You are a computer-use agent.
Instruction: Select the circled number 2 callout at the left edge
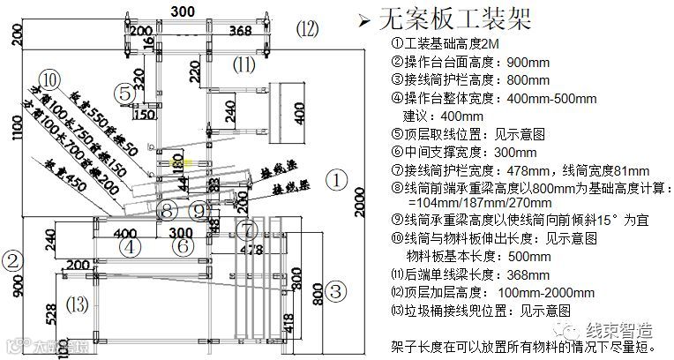[11, 260]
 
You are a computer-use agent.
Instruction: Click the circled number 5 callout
[127, 92]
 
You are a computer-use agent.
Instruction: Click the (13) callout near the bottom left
[78, 304]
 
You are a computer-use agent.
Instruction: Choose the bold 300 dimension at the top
[183, 11]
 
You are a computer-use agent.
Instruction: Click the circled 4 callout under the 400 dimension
[129, 247]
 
